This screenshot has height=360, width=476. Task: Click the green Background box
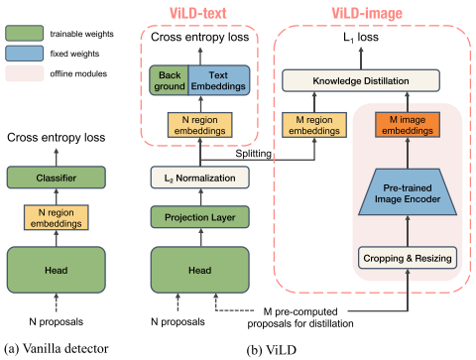(x=165, y=79)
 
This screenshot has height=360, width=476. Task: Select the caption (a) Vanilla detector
(x=54, y=347)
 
